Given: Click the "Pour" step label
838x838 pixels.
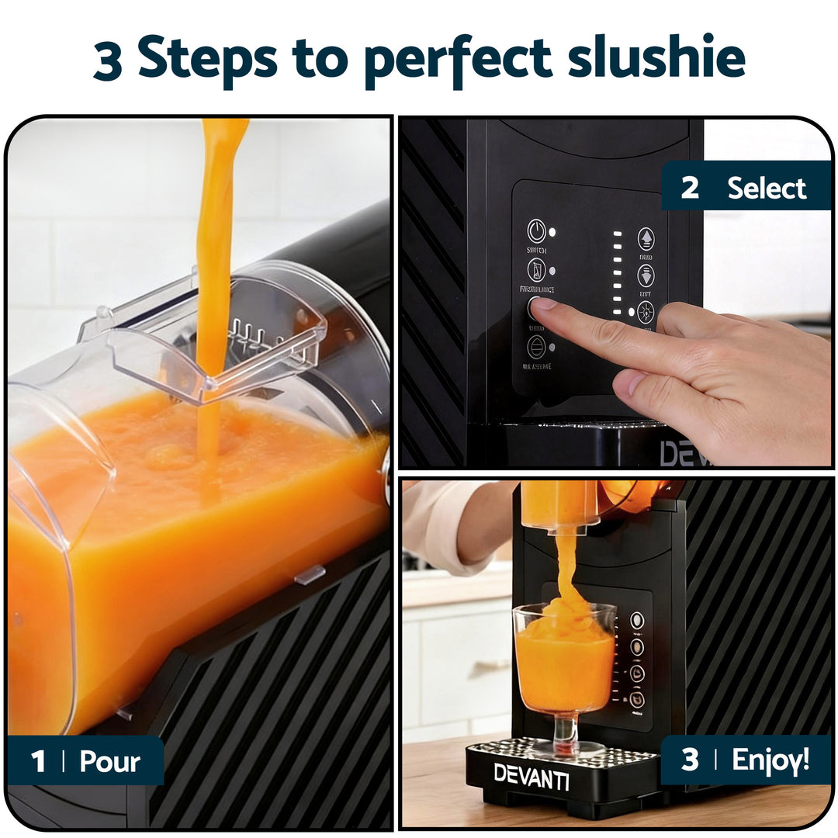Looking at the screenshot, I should point(110,761).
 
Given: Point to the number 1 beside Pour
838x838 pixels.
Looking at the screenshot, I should point(38,761).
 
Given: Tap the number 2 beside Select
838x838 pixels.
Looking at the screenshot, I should point(689,188).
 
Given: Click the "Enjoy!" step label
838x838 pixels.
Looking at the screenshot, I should point(770,760).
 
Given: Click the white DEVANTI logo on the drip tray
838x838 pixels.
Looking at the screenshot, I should point(532,775).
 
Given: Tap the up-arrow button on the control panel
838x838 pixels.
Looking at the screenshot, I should point(646,238).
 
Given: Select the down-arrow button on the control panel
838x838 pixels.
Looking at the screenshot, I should point(646,275).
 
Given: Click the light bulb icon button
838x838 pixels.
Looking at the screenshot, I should point(645,312).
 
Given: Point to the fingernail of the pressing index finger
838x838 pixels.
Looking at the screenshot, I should point(544,303).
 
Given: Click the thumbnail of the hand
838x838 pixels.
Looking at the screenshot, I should point(628,383).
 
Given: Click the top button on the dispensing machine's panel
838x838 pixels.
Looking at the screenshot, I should point(636,620).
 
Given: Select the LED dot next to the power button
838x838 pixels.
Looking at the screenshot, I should point(552,232).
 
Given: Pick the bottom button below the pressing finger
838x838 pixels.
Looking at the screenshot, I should point(535,347).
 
